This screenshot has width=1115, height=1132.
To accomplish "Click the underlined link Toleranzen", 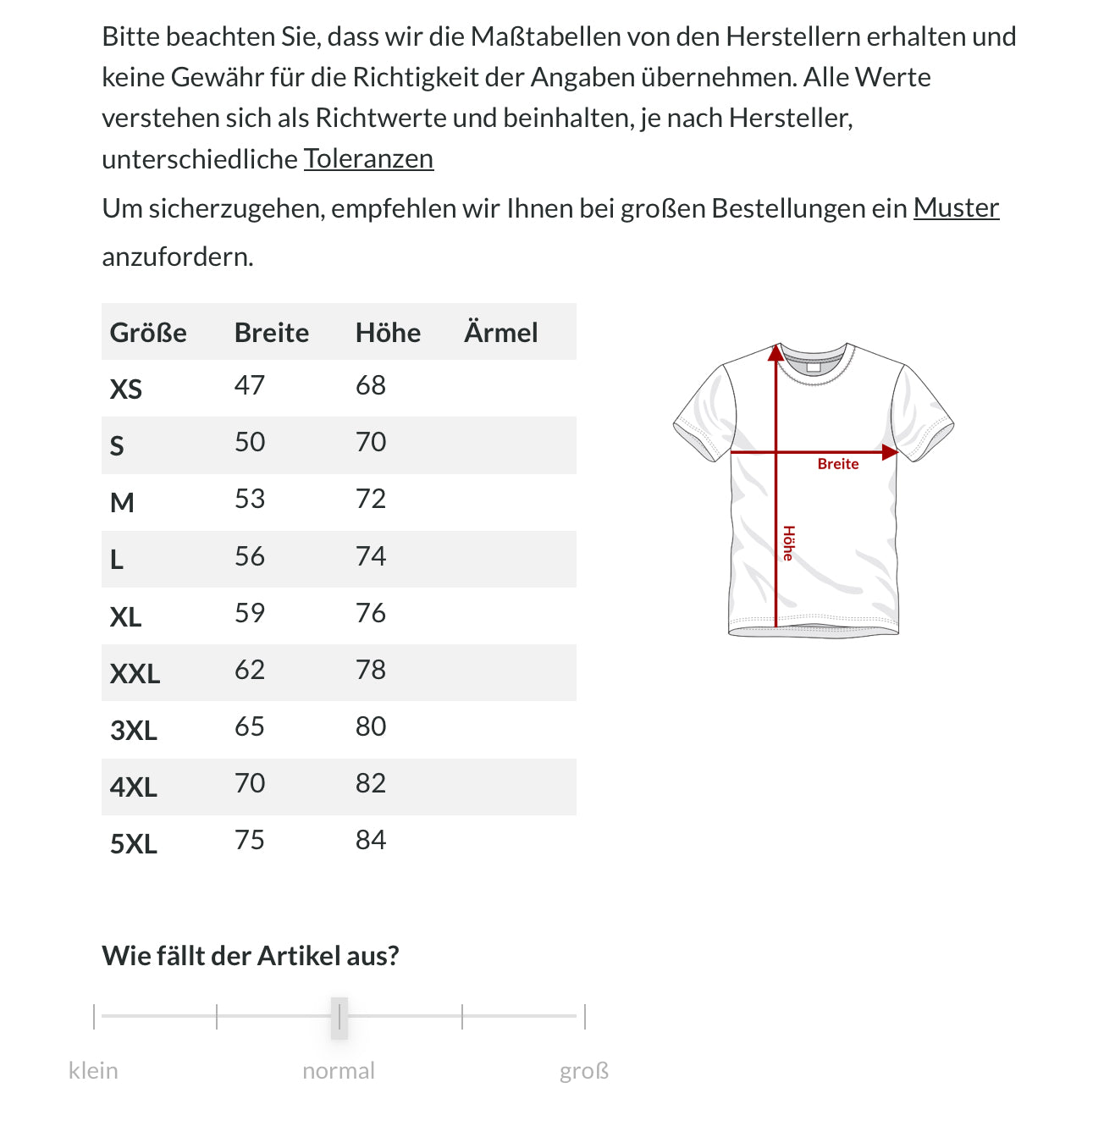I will pos(368,158).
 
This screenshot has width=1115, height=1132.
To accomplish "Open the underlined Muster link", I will pos(956,207).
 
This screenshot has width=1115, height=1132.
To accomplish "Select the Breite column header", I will pos(271,332).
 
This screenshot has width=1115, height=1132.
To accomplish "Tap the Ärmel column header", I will pos(500,332).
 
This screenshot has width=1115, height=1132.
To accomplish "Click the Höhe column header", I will pos(388,332).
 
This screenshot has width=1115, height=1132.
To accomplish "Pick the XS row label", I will pos(126,389).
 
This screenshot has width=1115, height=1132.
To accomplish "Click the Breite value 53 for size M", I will pos(250,499).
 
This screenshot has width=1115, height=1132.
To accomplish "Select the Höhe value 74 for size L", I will pos(371,556).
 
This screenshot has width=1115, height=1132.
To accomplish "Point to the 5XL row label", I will pos(134,843).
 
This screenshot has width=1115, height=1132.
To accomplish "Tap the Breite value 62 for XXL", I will pos(250,670).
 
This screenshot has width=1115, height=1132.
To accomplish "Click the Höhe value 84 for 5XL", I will pos(371,840).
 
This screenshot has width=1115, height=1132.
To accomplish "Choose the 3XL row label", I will pos(134,730).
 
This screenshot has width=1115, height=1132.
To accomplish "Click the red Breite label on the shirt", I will pos(838,464).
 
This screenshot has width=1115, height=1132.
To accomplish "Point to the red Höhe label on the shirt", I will pos(788,544).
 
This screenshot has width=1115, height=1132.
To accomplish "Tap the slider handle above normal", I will pos(339,1017).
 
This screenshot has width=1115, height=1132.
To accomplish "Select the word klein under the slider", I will pos(93,1071).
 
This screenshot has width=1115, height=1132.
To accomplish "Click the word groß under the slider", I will pos(584,1071).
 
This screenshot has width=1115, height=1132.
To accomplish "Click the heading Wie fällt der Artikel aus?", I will pos(250,956).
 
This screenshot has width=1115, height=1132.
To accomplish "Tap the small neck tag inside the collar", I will pos(814,367).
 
